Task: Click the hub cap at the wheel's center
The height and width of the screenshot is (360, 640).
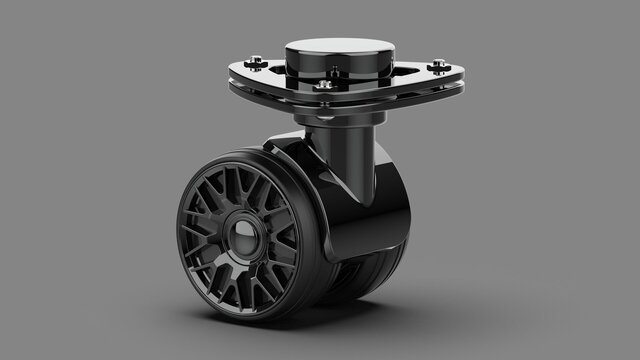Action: coord(241,236)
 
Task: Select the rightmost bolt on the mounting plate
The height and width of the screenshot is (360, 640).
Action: coord(439,67)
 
